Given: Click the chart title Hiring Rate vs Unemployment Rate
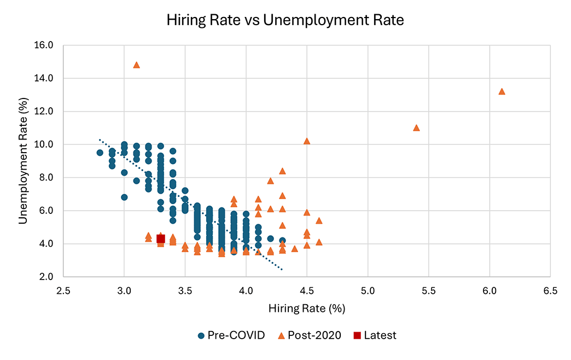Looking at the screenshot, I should coord(285,21).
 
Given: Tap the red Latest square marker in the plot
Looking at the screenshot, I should coord(161,239).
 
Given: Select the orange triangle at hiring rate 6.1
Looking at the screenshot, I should coord(502,91).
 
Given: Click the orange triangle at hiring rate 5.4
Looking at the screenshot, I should coord(416,128).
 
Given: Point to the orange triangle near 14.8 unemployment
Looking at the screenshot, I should coord(137,65).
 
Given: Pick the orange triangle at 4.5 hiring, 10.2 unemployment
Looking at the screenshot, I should coord(307,141).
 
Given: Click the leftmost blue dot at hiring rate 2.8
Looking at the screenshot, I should coord(100,153).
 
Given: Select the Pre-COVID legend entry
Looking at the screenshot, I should coord(232,335).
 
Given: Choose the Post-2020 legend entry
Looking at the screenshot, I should coord(310,335).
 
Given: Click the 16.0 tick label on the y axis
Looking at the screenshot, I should coord(43,45).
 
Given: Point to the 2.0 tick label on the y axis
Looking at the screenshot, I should coord(45,277).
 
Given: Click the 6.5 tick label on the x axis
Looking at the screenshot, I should coord(550,291).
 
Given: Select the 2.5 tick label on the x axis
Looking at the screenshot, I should coord(63,291).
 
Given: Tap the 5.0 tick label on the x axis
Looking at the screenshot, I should coord(368,291).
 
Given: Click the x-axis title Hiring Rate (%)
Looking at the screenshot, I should coord(307,309).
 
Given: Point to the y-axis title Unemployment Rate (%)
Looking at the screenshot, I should coord(24,160).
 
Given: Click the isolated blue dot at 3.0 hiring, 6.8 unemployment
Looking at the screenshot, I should coord(125,197).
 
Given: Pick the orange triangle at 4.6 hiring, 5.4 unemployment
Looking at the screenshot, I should coord(319,220).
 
